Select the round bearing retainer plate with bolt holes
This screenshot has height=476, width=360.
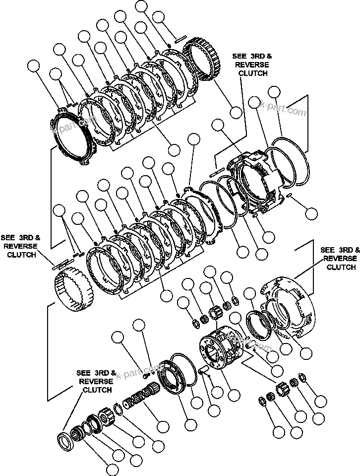coord(176,380)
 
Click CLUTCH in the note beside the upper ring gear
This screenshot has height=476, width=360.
coord(253,73)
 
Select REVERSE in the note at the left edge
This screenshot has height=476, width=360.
coord(18,246)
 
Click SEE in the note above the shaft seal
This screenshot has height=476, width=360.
coord(83,373)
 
